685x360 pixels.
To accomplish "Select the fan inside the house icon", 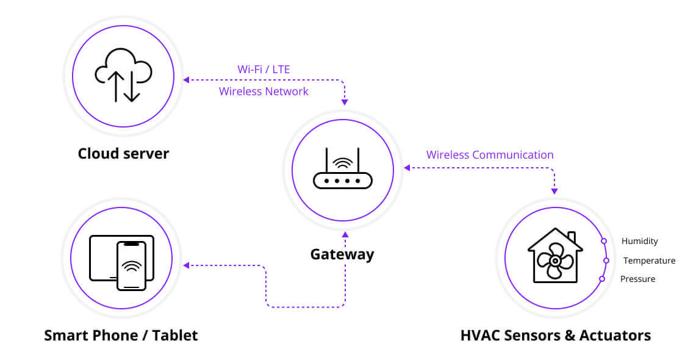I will (x=554, y=261).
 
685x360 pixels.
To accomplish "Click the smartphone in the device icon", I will (x=132, y=265).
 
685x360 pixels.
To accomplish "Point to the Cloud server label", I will (x=123, y=153).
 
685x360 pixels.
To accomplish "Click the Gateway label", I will (x=342, y=254).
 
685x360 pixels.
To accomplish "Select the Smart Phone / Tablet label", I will (x=121, y=335).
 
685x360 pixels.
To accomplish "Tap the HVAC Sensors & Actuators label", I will (x=555, y=335).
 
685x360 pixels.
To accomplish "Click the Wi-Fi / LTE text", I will (x=264, y=69).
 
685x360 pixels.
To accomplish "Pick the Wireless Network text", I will (x=264, y=92).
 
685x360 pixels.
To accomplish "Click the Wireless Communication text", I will (x=490, y=155).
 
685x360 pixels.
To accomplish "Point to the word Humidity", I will (x=639, y=241).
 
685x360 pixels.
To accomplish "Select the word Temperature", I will (x=649, y=261).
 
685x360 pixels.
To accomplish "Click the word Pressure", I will (x=637, y=279).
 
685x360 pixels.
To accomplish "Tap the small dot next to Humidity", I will (x=604, y=241).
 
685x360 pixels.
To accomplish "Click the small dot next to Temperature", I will (x=606, y=261).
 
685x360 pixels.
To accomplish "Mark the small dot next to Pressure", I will (x=602, y=279).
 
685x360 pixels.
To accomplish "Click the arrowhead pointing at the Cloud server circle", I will (x=187, y=79).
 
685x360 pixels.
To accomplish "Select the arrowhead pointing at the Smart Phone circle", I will (x=187, y=265).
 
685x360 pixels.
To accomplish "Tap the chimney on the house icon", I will (x=572, y=236).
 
